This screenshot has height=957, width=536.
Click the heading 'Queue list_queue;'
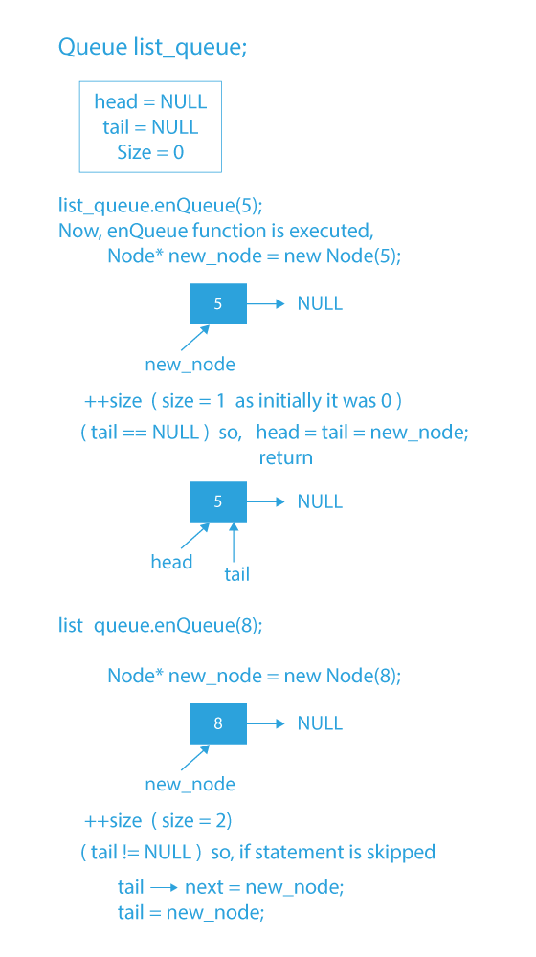tap(152, 47)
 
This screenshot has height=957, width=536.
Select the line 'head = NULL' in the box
tap(150, 102)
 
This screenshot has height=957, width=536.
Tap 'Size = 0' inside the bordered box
tap(150, 152)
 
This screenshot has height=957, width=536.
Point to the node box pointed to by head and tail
tap(218, 501)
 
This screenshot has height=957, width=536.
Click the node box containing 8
tap(218, 723)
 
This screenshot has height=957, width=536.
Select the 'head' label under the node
tap(171, 562)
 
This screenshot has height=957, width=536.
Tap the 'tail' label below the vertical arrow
tap(236, 574)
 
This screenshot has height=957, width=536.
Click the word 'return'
tap(285, 457)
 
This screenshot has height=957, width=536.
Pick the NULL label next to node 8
tap(320, 723)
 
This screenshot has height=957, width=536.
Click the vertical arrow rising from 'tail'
tap(234, 542)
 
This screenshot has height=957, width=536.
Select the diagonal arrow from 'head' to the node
tap(194, 536)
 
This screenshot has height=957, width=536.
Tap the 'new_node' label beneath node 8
tap(190, 785)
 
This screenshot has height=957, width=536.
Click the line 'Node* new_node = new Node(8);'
tap(254, 676)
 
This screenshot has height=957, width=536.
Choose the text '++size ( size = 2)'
tap(159, 821)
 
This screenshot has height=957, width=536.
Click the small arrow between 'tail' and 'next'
tap(164, 888)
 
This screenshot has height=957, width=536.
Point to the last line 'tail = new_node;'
tap(190, 912)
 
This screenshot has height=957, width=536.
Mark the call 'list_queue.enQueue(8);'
tap(160, 626)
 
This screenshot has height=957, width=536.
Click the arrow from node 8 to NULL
tap(266, 723)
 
